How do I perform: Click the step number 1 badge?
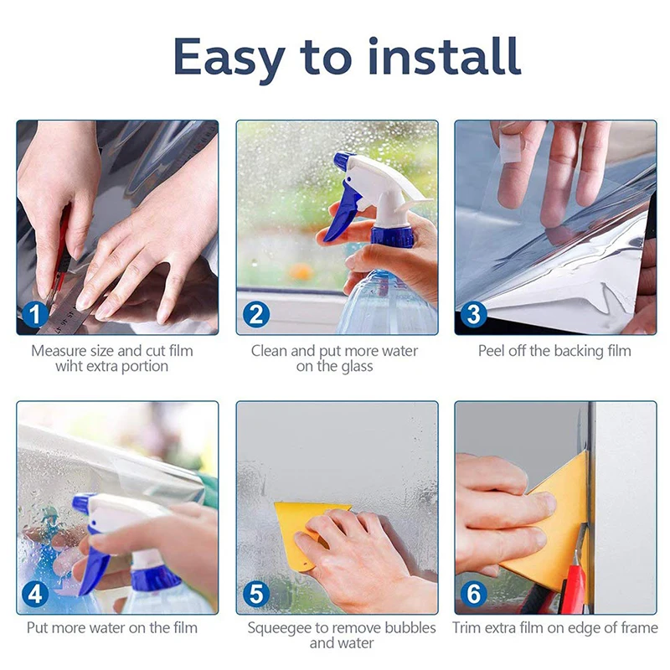click(35, 316)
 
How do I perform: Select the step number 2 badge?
click(256, 315)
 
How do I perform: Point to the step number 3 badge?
click(473, 315)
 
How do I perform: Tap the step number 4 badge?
click(35, 594)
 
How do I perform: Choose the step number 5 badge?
click(256, 594)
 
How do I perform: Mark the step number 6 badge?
click(473, 594)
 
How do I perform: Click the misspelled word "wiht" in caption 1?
click(70, 366)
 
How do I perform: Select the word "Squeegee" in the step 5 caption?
click(280, 629)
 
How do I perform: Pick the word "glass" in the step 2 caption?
click(357, 367)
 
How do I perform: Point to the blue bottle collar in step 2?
click(392, 237)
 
